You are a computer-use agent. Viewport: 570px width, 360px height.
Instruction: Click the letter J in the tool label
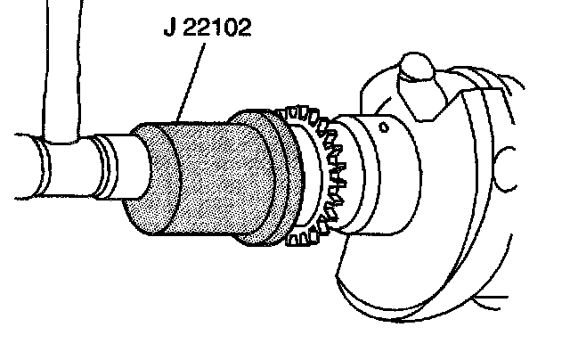tap(169, 27)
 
